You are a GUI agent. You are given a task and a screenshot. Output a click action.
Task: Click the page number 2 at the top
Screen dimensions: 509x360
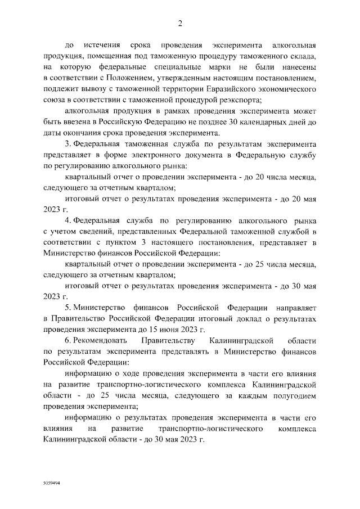[180, 23]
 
